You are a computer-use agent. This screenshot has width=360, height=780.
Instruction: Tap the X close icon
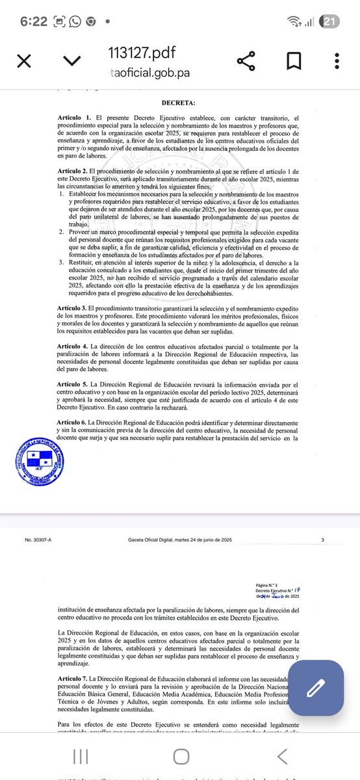point(23,61)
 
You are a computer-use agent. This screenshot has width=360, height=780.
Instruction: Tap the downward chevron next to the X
point(71,61)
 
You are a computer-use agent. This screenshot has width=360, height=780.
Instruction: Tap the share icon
point(246,61)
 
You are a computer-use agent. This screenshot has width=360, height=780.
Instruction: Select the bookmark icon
point(294,61)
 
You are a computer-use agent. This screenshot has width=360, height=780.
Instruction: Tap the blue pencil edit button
point(315,688)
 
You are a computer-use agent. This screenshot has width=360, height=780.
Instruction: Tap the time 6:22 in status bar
point(33,21)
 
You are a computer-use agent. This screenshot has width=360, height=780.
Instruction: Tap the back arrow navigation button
point(282,755)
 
